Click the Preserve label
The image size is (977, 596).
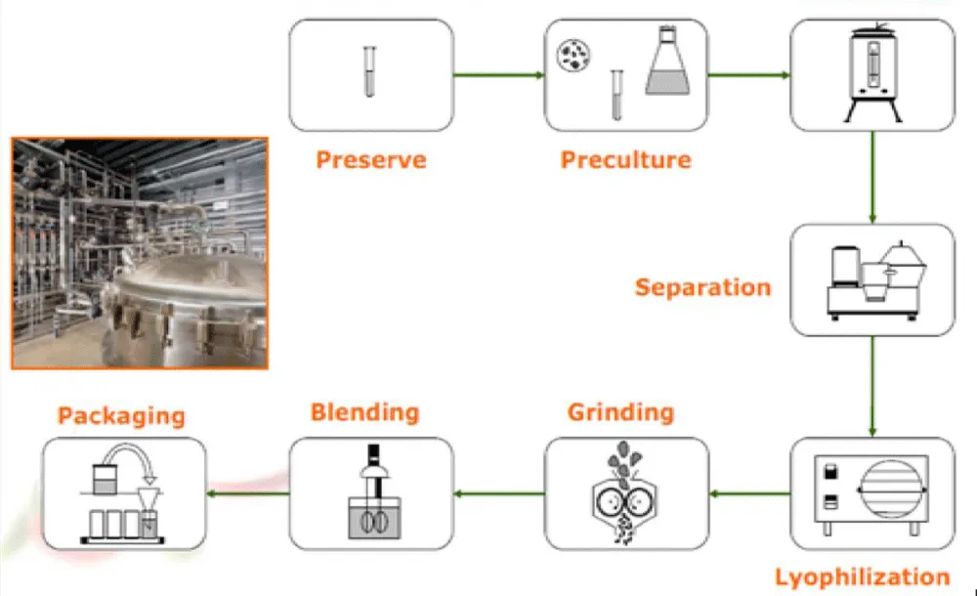(x=371, y=160)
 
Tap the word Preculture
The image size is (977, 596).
(x=625, y=160)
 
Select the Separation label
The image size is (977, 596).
(x=702, y=287)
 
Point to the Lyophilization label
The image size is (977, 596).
(x=862, y=576)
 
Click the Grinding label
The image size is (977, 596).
(x=620, y=411)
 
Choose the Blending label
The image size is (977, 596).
(x=364, y=411)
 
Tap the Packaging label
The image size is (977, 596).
(x=121, y=415)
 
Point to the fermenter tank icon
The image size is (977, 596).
(x=871, y=74)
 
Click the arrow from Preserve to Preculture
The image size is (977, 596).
(x=498, y=74)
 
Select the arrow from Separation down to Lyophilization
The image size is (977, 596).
(x=871, y=386)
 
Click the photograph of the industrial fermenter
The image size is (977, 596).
(x=140, y=252)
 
